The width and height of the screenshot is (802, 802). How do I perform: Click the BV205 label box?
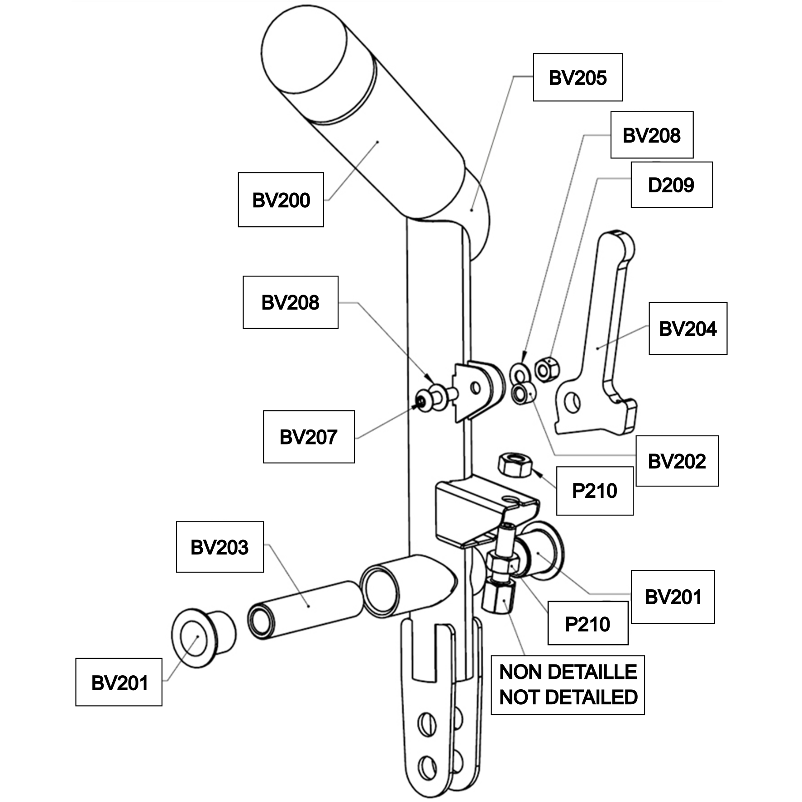pyautogui.click(x=578, y=77)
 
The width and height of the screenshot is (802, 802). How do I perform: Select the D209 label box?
pyautogui.click(x=672, y=185)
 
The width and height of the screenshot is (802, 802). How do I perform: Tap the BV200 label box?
pyautogui.click(x=281, y=200)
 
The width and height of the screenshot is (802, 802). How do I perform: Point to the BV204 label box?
pyautogui.click(x=687, y=328)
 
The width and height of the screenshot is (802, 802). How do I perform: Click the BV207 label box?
pyautogui.click(x=309, y=437)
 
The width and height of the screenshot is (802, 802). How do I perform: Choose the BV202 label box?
pyautogui.click(x=677, y=461)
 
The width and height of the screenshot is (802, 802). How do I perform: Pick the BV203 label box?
pyautogui.click(x=220, y=547)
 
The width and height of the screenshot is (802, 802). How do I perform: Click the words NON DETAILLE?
pyautogui.click(x=568, y=672)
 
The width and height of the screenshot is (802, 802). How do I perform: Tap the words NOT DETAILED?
pyautogui.click(x=568, y=697)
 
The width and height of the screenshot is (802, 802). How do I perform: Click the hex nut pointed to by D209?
pyautogui.click(x=547, y=369)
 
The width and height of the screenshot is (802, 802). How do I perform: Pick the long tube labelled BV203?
pyautogui.click(x=305, y=610)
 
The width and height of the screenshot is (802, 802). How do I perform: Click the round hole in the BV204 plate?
pyautogui.click(x=573, y=403)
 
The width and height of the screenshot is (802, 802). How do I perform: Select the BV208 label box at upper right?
pyautogui.click(x=652, y=135)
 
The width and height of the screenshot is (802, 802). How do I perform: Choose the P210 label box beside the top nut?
pyautogui.click(x=595, y=491)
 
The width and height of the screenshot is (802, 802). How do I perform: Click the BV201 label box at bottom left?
pyautogui.click(x=119, y=683)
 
